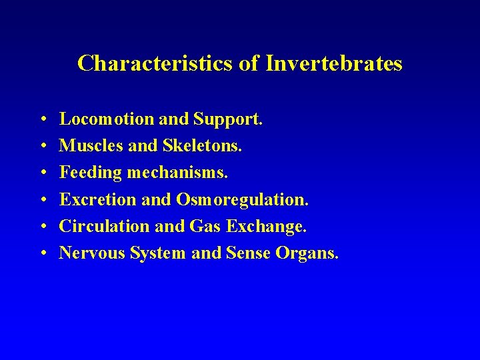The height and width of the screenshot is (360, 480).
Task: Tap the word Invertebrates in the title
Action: [334, 63]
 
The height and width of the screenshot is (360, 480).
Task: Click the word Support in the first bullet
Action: [228, 119]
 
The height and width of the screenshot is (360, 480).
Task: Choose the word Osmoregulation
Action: [243, 200]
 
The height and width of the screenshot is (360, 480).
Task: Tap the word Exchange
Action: [266, 227]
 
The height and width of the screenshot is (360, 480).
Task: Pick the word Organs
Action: [309, 253]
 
